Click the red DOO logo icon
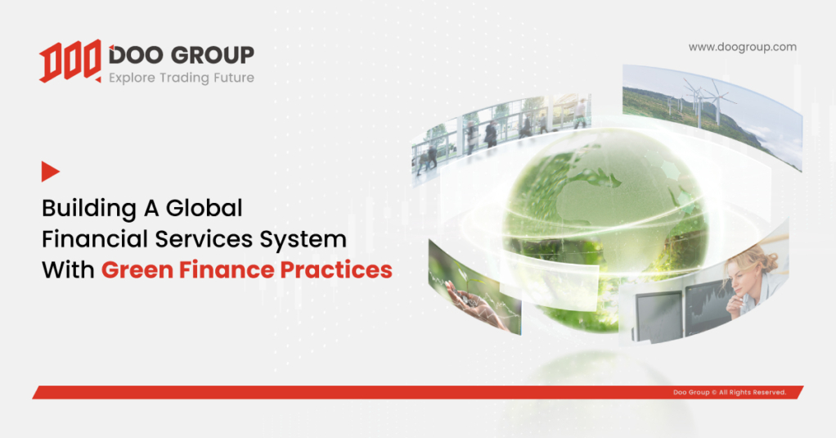pos(70,61)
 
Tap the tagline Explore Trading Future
pos(182,79)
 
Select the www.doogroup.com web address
pos(742,47)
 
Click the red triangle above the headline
pos(50,171)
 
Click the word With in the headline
pos(67,269)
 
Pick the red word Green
pos(137,269)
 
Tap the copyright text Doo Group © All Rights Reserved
pos(729,393)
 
